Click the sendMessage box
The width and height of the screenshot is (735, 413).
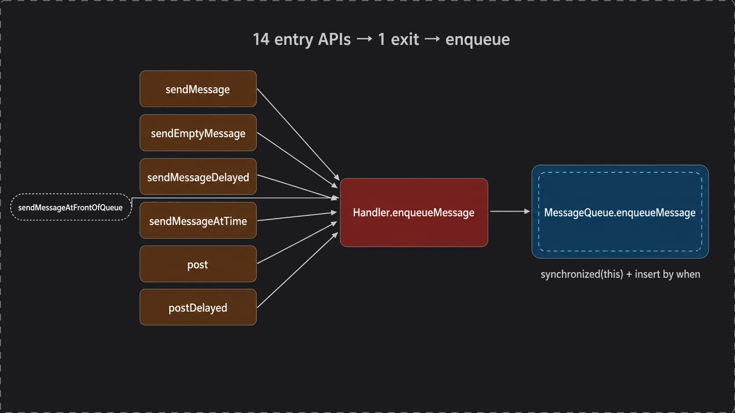[198, 89]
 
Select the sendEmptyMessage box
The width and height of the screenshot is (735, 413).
[198, 133]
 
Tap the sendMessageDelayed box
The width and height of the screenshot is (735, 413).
[198, 176]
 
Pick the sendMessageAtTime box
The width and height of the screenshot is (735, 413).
[198, 220]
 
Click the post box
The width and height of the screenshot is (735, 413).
[198, 264]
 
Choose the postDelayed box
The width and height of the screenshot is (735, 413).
[198, 307]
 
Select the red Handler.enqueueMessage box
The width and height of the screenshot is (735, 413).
[414, 212]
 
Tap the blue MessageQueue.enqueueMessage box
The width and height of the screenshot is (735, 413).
[620, 212]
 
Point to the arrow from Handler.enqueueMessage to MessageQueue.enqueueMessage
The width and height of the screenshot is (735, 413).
[510, 211]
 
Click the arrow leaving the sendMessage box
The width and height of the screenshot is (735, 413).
[298, 134]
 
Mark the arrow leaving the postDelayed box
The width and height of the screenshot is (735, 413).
[297, 270]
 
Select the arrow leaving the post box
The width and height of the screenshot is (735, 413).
[297, 242]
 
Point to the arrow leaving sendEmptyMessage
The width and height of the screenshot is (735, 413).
[297, 160]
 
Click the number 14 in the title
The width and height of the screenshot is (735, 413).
[261, 40]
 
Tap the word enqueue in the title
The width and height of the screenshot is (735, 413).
[477, 40]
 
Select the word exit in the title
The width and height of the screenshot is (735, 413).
[405, 40]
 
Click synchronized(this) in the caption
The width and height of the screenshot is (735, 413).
[582, 274]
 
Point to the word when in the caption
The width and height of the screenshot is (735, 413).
[688, 274]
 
